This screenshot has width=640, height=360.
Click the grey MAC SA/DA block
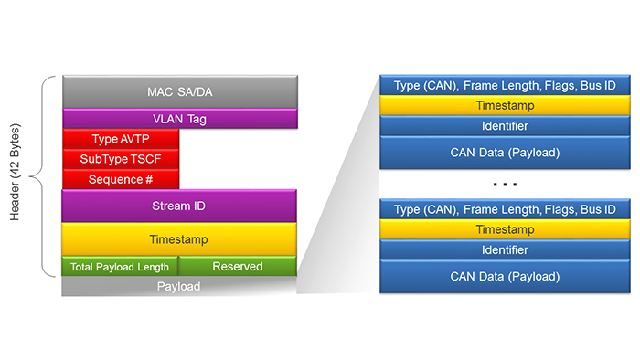(x=179, y=92)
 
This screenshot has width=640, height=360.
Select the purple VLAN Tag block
(x=179, y=119)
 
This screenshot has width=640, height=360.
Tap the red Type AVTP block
(x=121, y=139)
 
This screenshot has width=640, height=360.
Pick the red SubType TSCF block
(x=121, y=159)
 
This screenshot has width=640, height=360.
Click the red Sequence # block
(x=121, y=179)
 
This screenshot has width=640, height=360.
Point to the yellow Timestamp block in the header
(x=179, y=239)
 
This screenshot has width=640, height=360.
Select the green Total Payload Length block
(x=120, y=267)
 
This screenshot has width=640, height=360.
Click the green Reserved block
(x=238, y=267)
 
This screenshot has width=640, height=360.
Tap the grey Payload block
(x=179, y=287)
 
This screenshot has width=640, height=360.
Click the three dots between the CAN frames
(x=505, y=185)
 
